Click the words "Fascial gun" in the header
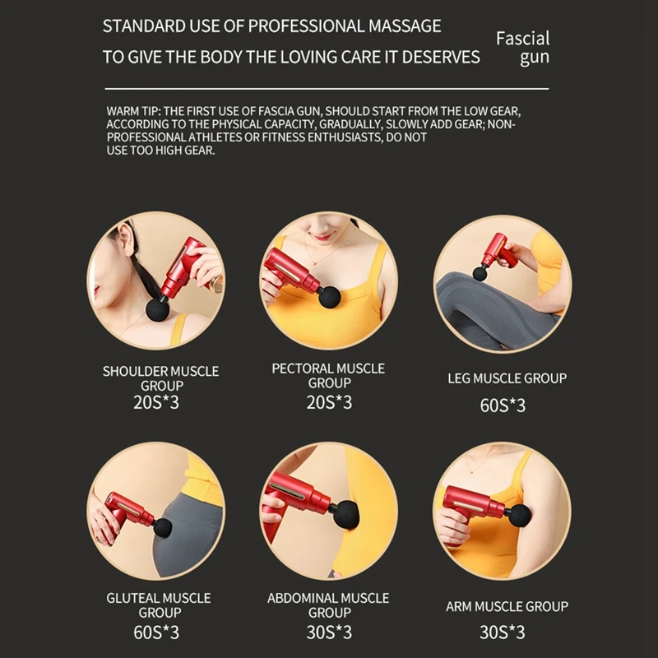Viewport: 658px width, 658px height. (522, 48)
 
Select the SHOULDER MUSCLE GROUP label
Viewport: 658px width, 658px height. (160, 378)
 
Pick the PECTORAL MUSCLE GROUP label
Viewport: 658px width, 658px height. (328, 376)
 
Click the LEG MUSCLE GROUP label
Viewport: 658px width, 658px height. (507, 378)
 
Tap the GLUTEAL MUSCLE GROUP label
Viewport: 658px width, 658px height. (158, 605)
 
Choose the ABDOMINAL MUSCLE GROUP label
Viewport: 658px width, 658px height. (328, 605)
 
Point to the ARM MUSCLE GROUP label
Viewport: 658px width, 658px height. (507, 607)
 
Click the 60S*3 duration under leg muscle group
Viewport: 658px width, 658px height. (502, 405)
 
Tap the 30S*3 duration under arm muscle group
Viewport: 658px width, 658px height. (502, 633)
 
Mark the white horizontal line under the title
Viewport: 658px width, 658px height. (325, 87)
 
